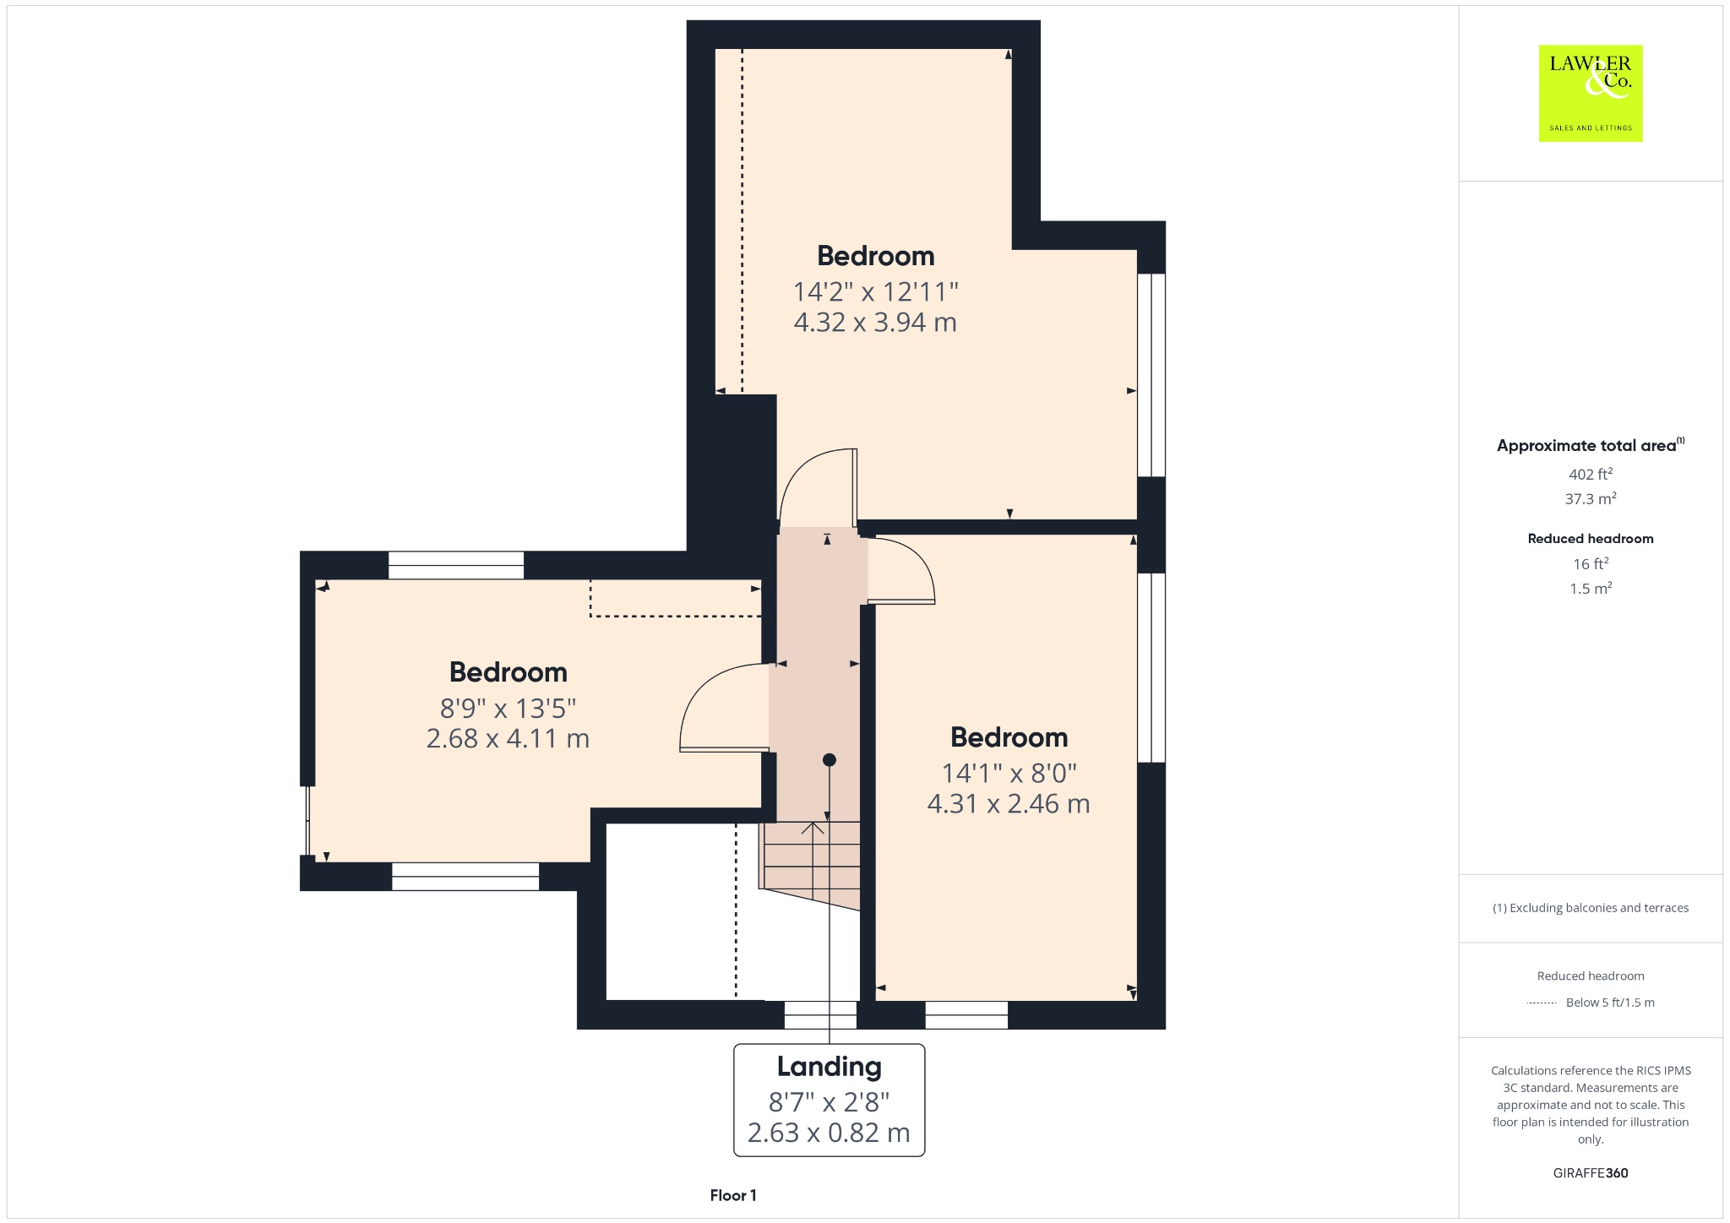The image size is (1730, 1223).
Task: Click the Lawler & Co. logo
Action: click(x=1590, y=93)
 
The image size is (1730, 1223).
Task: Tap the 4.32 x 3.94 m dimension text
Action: click(x=875, y=323)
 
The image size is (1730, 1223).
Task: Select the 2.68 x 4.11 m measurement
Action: click(x=508, y=739)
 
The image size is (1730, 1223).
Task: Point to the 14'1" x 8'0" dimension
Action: click(x=1009, y=773)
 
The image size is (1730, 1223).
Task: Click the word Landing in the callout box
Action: click(x=829, y=1067)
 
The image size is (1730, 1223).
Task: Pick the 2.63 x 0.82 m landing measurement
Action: click(x=829, y=1133)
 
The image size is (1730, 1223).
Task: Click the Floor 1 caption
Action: click(x=733, y=1195)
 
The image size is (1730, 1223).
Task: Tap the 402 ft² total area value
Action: click(x=1591, y=474)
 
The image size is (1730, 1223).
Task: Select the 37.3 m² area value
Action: click(x=1591, y=498)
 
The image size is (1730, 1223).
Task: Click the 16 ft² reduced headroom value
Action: click(x=1591, y=563)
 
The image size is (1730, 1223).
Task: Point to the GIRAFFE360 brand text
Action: click(x=1591, y=1173)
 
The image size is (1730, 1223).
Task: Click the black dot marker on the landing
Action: click(x=830, y=760)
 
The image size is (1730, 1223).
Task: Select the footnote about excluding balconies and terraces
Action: click(x=1591, y=908)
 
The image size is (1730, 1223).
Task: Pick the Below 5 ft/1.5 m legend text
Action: click(x=1610, y=1003)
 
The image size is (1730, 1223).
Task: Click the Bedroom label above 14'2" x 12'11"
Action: click(x=875, y=256)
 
